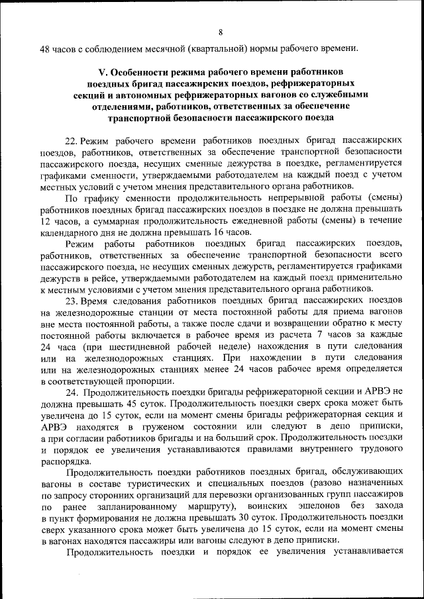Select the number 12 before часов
(46, 220)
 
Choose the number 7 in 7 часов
(322, 335)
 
